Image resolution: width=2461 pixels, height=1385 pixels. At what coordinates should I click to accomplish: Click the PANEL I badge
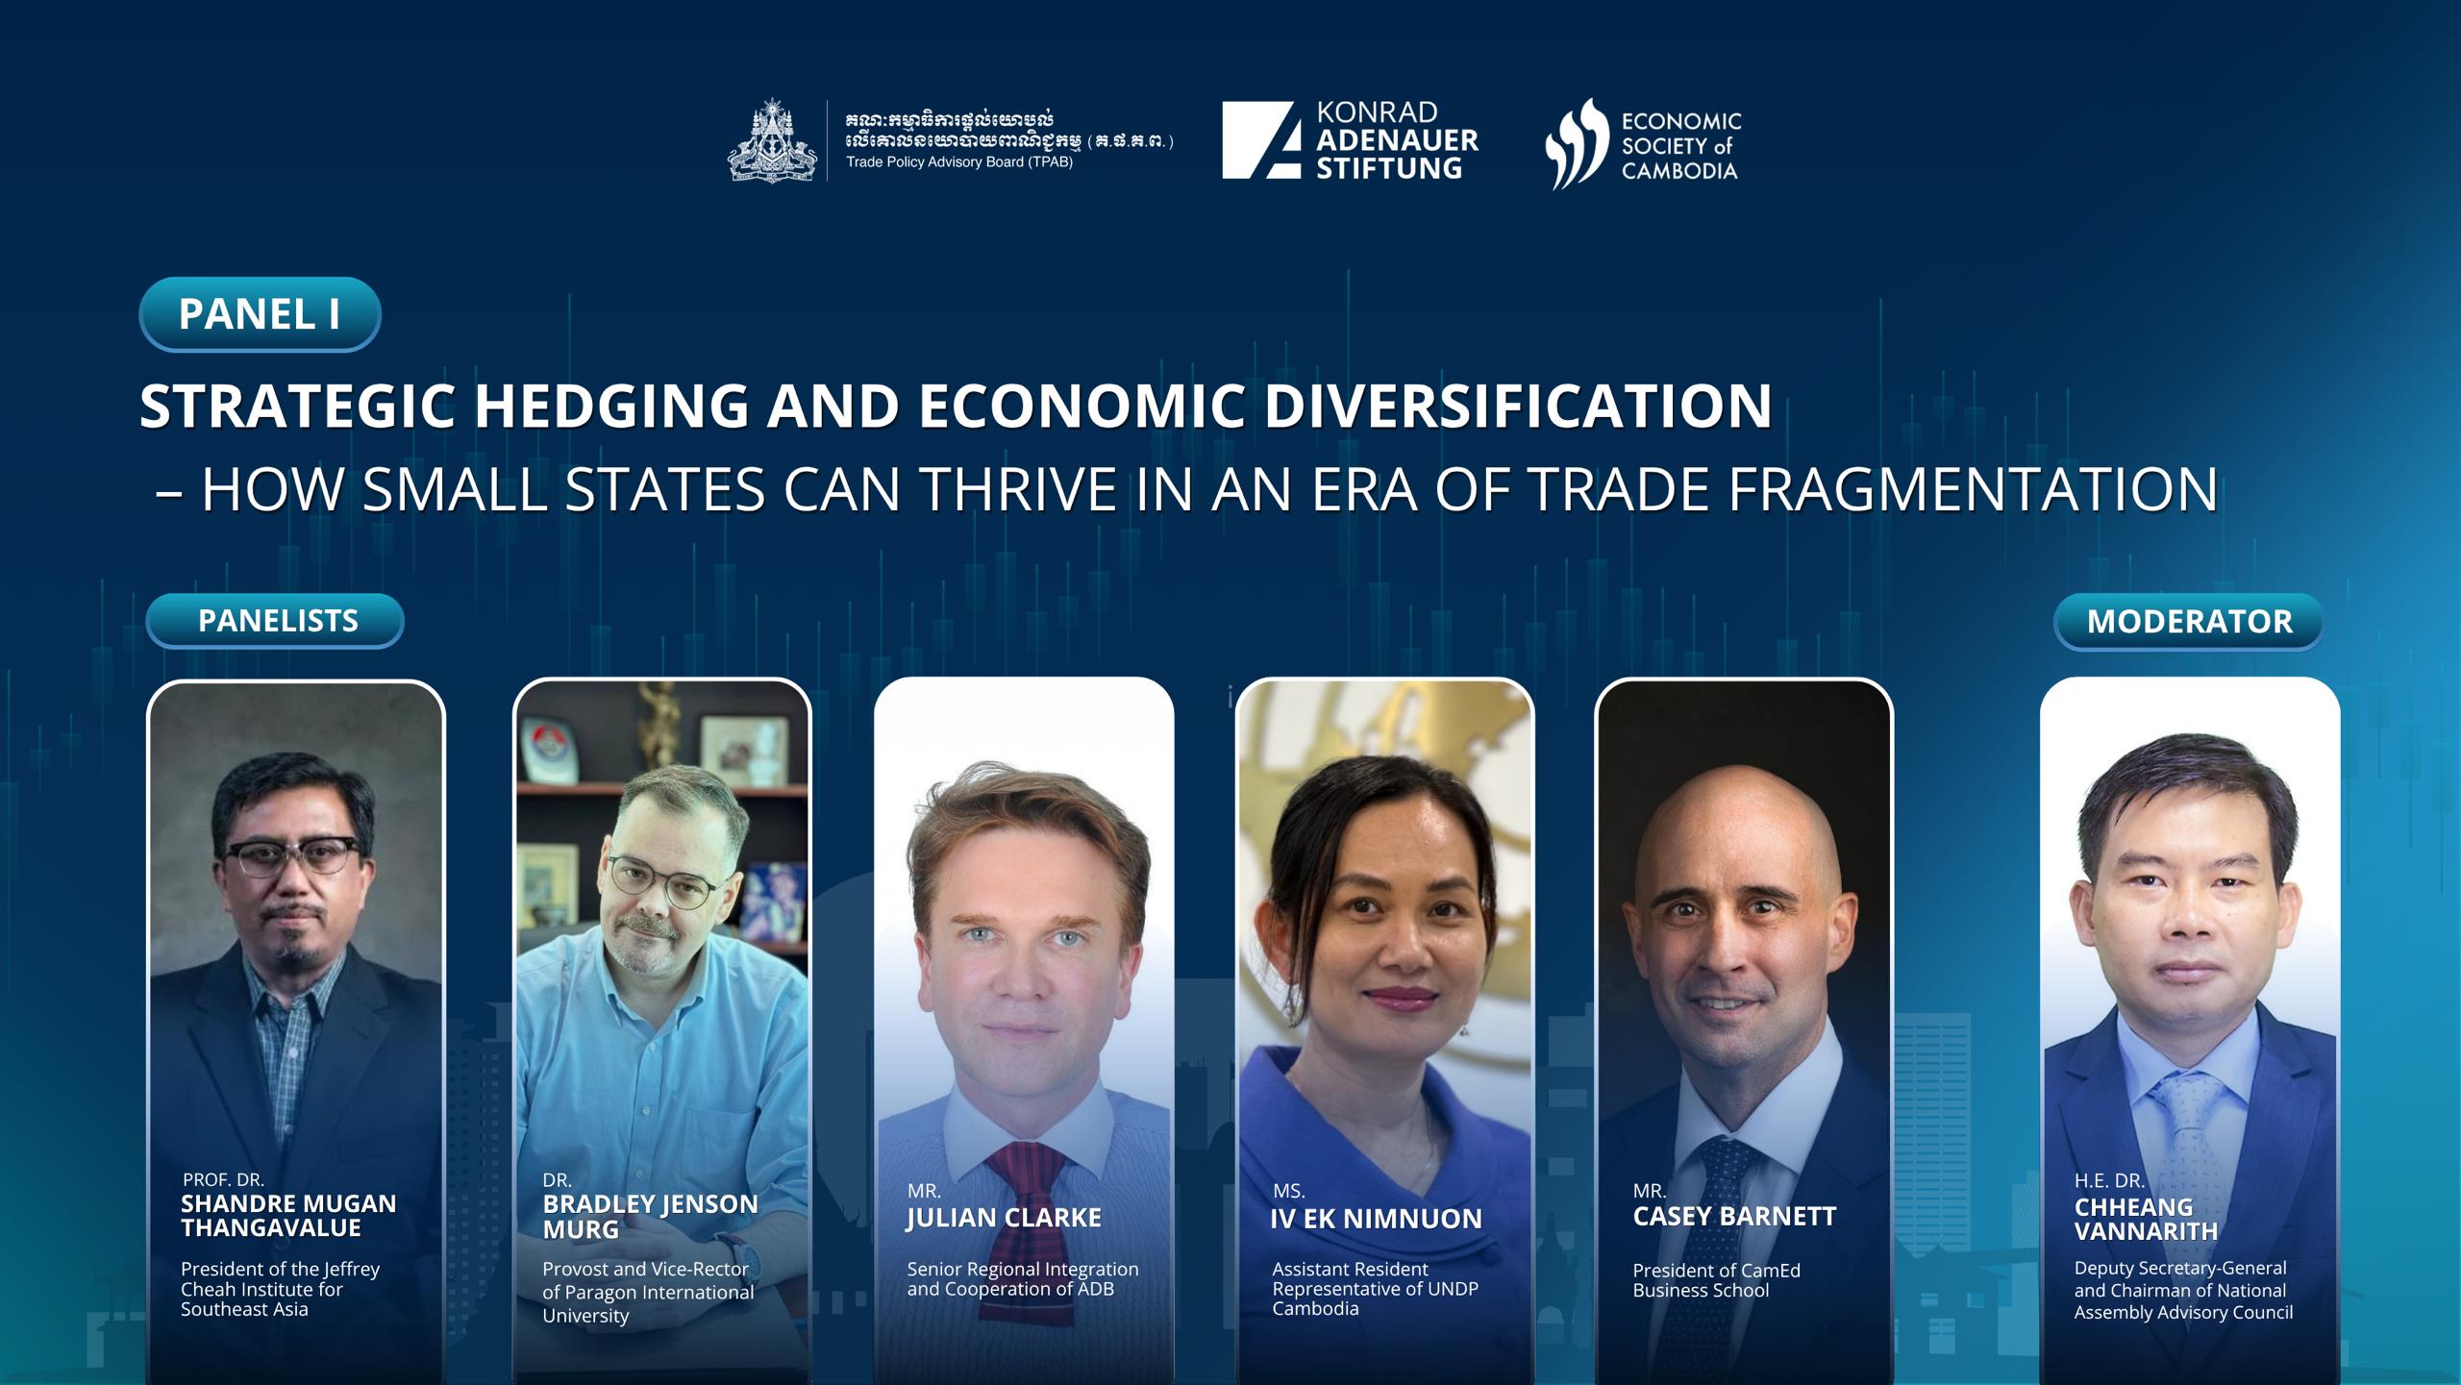[260, 314]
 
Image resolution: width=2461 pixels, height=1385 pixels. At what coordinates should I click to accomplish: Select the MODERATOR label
[2189, 622]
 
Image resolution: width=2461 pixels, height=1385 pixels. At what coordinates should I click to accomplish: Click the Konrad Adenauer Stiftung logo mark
[1261, 140]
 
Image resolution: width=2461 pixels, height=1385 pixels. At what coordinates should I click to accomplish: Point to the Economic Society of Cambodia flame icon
[1577, 143]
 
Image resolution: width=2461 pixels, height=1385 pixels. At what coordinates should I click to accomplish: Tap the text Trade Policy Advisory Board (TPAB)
[958, 161]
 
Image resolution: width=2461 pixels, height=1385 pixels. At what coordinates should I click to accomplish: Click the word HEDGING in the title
[610, 406]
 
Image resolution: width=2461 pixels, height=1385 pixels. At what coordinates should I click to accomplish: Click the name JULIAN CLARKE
[1004, 1218]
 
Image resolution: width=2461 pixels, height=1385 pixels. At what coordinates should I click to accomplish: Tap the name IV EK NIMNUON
[1376, 1219]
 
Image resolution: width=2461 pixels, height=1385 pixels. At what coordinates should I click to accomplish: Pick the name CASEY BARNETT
[1734, 1217]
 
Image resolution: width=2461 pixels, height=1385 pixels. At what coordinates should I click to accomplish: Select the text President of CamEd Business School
[1716, 1280]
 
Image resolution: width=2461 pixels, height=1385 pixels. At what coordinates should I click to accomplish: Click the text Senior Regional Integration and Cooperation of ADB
[1023, 1279]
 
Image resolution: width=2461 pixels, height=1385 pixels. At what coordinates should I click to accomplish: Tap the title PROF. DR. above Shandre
[223, 1179]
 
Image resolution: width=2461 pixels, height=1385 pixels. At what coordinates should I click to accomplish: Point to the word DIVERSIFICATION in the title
[1518, 406]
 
